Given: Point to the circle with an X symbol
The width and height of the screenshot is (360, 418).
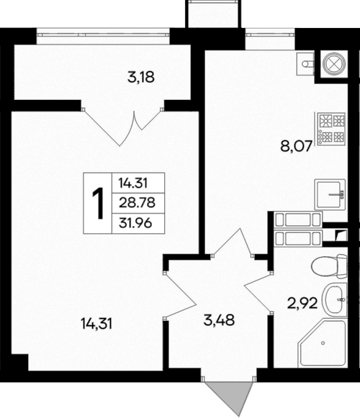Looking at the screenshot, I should click(x=335, y=64).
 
